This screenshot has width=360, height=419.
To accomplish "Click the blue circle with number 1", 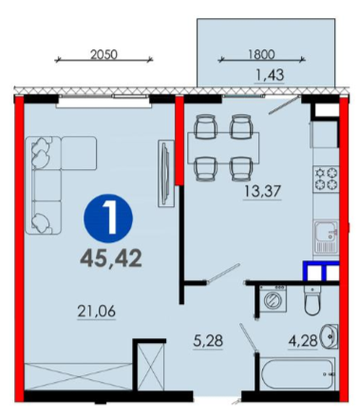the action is [x=108, y=219].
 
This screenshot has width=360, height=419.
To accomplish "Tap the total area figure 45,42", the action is [x=111, y=258].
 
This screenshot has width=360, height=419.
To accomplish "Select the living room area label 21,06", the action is [x=97, y=311].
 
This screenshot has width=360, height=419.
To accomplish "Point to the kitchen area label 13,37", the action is [x=262, y=191].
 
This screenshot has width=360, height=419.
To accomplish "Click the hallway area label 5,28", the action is [x=208, y=341].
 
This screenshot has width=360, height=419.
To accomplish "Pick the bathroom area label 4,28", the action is [x=303, y=341].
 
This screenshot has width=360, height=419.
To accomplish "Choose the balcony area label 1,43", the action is [x=270, y=75].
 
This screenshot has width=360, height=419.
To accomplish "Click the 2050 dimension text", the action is [x=104, y=54].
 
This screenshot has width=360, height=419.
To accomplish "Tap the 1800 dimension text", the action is [x=261, y=54].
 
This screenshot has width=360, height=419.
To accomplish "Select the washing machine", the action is [x=273, y=298].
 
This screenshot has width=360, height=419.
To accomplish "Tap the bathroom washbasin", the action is [x=330, y=336].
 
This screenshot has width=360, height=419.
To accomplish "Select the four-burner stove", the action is [x=326, y=179].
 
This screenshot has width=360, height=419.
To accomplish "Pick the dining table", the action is [x=223, y=148].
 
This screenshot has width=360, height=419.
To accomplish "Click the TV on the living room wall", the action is [x=165, y=174].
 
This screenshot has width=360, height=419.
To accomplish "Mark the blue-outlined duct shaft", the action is [x=321, y=271].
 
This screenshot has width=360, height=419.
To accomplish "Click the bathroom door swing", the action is [x=248, y=337].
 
